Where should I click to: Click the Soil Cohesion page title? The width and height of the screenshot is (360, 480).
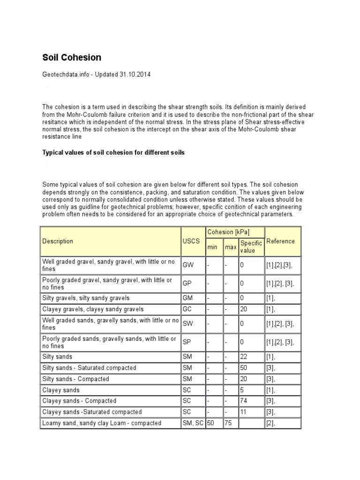72,58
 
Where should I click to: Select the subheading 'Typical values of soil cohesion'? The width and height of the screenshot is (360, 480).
113,153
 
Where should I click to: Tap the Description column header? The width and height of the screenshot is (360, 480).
58,241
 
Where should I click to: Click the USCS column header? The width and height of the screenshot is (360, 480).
191,241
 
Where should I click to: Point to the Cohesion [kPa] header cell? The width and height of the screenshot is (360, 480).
228,232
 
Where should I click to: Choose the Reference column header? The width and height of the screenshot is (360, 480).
280,241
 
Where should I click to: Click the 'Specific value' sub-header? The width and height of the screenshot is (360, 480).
251,247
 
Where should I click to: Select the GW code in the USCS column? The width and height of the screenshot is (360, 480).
188,265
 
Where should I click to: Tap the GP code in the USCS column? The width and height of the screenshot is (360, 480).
187,284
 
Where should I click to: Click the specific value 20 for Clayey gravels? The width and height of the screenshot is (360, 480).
244,309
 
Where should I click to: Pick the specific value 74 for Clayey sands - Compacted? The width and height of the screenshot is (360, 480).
244,401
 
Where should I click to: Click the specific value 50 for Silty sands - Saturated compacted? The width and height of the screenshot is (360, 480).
244,368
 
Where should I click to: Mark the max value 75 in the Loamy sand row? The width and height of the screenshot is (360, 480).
228,423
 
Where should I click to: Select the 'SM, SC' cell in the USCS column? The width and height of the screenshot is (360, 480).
193,423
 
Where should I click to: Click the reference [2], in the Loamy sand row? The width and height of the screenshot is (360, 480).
271,423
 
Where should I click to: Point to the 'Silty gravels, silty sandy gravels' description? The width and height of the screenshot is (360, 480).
86,298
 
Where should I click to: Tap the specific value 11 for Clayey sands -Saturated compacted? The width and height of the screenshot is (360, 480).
243,412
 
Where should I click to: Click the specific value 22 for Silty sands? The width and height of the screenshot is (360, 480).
244,357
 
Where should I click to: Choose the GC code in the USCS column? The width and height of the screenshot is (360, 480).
187,309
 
